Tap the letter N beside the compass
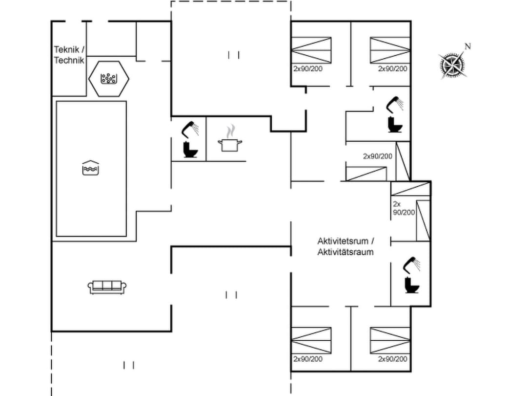click(x=467, y=47)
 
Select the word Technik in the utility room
click(x=69, y=60)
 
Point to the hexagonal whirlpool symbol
click(x=109, y=78)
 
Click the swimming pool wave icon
click(x=91, y=168)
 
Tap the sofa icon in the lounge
click(x=107, y=287)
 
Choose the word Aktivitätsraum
click(x=345, y=252)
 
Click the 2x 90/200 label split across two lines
click(x=404, y=208)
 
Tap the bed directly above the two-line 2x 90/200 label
click(x=410, y=189)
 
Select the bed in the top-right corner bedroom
click(x=389, y=50)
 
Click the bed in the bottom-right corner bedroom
click(x=389, y=340)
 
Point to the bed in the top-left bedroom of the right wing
click(x=311, y=50)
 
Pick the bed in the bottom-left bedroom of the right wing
click(x=311, y=340)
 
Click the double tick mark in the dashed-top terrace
click(x=234, y=55)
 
